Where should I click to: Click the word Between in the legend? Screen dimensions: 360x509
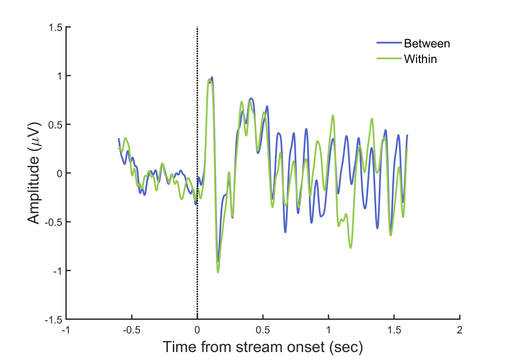tap(427, 44)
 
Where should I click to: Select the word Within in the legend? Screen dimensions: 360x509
tap(420, 59)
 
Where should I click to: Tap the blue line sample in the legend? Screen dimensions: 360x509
tap(389, 43)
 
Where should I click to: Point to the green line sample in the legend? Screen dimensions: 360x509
tap(389, 58)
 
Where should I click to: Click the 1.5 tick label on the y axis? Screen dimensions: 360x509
tap(55, 27)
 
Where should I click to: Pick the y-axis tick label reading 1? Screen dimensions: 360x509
tap(59, 76)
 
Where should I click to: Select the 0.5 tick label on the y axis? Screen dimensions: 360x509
tap(55, 125)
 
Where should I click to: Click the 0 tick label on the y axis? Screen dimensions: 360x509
tap(59, 174)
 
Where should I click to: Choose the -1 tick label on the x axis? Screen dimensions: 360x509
tap(66, 330)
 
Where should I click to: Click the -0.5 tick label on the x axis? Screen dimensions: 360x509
tap(131, 330)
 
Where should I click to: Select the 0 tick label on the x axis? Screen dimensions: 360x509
tap(197, 330)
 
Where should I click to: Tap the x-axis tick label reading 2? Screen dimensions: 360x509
tap(459, 330)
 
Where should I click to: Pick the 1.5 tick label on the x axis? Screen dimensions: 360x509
tap(394, 330)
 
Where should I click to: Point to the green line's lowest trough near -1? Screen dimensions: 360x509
tap(218, 272)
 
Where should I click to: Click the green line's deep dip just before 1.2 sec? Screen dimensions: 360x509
tap(350, 247)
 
